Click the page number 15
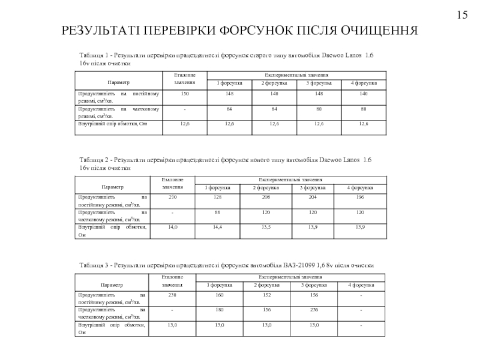(461, 14)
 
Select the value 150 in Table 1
(185, 94)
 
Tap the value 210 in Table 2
(173, 197)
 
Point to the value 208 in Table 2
(265, 197)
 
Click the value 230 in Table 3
(173, 295)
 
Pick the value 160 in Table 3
(220, 295)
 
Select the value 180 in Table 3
(220, 310)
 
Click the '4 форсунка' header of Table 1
(364, 82)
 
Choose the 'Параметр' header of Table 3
(113, 285)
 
